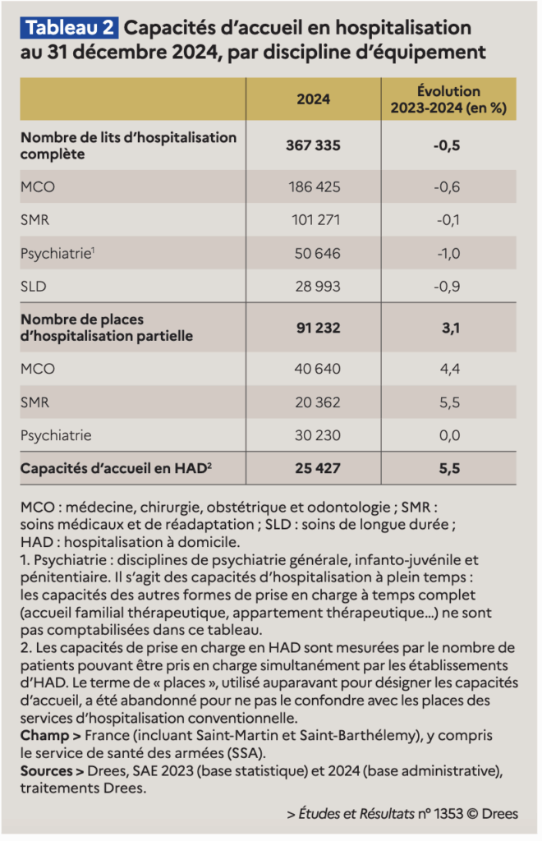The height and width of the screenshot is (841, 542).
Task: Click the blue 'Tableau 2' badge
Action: [x=71, y=28]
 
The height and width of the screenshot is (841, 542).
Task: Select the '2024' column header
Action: [x=313, y=99]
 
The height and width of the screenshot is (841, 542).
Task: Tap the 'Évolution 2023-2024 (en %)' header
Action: [x=448, y=99]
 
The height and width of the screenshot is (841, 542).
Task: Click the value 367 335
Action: [x=313, y=145]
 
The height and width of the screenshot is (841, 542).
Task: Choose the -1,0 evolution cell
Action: [x=448, y=253]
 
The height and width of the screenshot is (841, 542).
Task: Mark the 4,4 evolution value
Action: [x=449, y=370]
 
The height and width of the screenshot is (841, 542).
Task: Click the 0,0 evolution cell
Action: [x=449, y=435]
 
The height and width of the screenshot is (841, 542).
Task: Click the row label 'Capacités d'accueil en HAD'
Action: [x=116, y=468]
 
